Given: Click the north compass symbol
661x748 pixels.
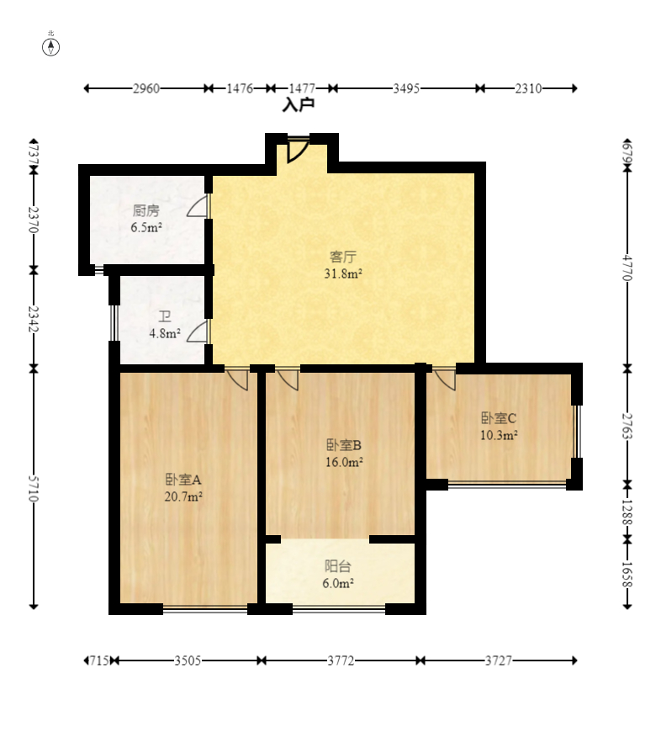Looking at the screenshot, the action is coord(51,47).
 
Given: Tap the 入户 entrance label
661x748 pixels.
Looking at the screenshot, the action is coord(299,104).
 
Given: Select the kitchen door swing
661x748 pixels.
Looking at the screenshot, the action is coord(198,205).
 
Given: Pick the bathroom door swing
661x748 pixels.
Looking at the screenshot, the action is coord(198,331).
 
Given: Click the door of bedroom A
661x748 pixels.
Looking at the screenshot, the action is coord(237,379).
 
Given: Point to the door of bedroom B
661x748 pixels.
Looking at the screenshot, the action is coord(288,379).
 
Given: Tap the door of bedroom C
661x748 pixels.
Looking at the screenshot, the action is coord(445,379).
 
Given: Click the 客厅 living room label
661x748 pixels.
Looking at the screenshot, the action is coord(343,257).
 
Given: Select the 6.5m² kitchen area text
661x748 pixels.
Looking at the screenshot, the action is coord(146,227).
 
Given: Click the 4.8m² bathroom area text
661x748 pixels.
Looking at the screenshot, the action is coord(165,333).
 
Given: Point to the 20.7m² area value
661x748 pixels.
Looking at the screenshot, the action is coord(183,496).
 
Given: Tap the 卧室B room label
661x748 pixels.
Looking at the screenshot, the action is coord(344,445).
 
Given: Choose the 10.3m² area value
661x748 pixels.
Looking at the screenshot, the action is coord(499,435).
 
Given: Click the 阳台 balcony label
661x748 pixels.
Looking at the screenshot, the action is coord(338,566).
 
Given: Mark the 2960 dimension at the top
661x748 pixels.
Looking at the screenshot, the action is coord(146,88).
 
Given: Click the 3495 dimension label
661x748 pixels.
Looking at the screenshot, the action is coord(406,88).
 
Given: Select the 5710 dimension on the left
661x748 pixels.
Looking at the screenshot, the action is coord(33,488).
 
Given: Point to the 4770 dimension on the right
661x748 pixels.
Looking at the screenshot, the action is coord(627,268).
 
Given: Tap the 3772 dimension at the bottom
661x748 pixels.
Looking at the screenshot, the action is coord(341,660).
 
